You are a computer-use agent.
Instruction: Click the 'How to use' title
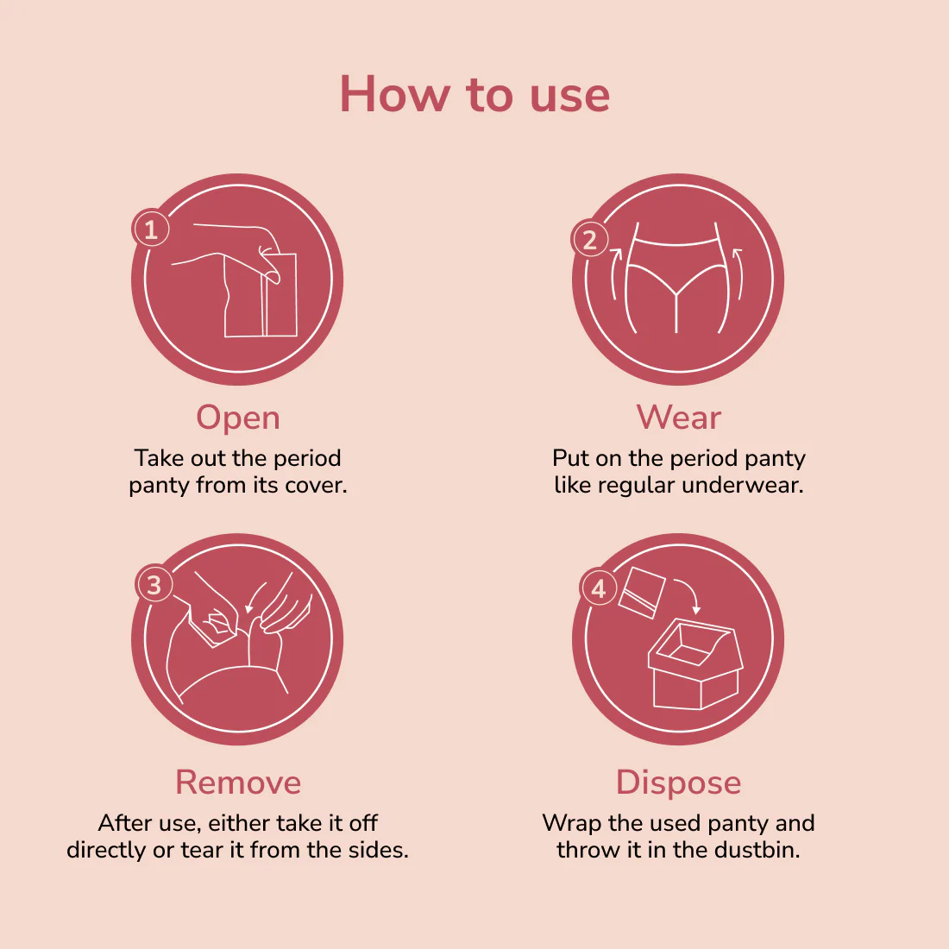pos(474,94)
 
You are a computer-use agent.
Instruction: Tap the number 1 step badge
pos(151,228)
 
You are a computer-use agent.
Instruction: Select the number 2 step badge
pos(589,239)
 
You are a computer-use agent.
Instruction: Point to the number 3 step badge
pos(154,585)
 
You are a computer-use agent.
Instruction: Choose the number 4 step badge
pos(598,588)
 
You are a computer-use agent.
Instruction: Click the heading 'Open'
pos(238,418)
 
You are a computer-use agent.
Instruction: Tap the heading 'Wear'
pos(678,418)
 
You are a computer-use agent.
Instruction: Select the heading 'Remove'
pos(238,782)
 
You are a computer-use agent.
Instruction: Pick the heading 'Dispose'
pos(678,783)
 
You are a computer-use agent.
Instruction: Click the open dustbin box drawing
pos(695,663)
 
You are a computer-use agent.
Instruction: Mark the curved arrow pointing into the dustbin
pos(690,590)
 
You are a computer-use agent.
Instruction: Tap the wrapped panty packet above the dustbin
pos(642,593)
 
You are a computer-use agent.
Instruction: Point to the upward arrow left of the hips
pos(615,273)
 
